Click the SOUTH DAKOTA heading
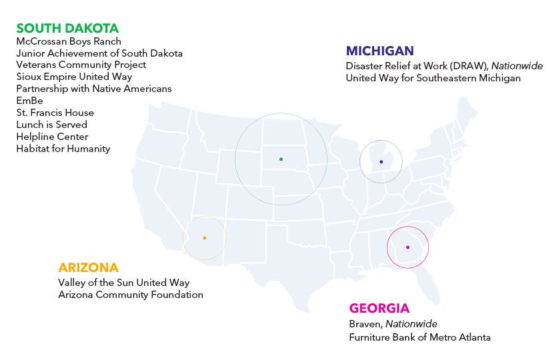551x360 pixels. (x=67, y=28)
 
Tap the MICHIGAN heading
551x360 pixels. (x=380, y=51)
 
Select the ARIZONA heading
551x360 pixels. (x=88, y=267)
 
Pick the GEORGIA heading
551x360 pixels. (x=379, y=309)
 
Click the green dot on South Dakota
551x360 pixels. (x=281, y=159)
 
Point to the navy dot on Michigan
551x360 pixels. (x=381, y=161)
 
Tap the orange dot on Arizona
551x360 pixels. (x=205, y=238)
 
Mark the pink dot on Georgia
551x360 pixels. (x=408, y=247)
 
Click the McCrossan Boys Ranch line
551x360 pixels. (x=69, y=41)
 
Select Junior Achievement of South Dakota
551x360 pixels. (x=99, y=53)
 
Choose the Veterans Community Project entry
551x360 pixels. (x=81, y=65)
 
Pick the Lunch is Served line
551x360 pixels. (x=51, y=125)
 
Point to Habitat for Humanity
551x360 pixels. (x=63, y=149)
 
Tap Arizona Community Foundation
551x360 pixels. (x=131, y=295)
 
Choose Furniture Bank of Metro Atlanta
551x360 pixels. (x=420, y=337)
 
